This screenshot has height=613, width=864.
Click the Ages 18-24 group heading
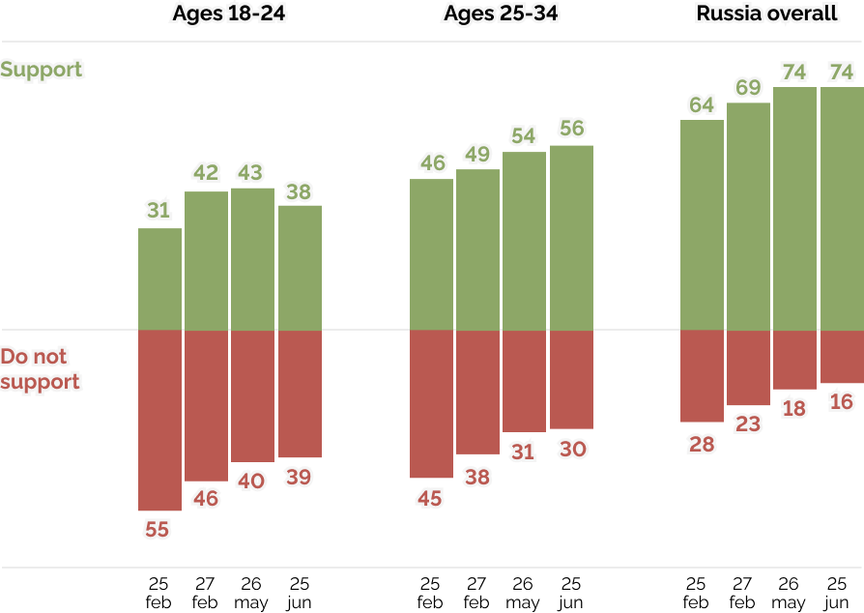[229, 14]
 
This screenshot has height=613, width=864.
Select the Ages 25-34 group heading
[501, 14]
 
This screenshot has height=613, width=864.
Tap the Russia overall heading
[767, 14]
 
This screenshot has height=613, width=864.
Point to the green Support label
[43, 70]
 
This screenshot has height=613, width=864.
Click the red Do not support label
[40, 369]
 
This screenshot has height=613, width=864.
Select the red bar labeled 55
[159, 421]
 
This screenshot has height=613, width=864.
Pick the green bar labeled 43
[252, 258]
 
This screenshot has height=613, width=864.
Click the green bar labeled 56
[571, 237]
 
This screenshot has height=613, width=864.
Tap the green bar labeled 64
[702, 224]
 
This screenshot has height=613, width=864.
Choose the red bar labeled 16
[842, 357]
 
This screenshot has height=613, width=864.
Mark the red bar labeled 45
[431, 404]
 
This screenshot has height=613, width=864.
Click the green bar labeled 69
[748, 216]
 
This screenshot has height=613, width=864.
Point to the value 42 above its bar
[206, 173]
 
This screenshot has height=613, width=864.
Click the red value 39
[299, 477]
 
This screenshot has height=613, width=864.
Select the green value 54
[523, 135]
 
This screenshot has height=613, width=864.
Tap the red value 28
[702, 444]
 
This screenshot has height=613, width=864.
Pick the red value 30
[571, 449]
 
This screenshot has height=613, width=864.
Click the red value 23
[748, 423]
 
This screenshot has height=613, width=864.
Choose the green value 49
[477, 154]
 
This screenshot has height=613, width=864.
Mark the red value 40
[251, 481]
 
